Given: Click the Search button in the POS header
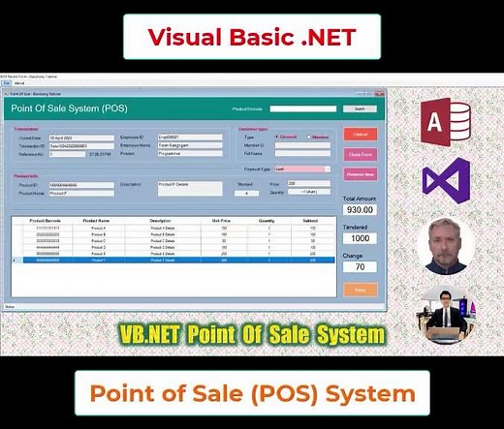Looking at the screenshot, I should tap(360, 108).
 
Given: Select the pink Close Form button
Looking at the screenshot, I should tap(360, 154).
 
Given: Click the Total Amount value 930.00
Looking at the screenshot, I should tap(360, 209).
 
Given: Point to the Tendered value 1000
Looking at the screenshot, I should tap(360, 237).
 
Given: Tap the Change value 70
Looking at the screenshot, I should tap(360, 266).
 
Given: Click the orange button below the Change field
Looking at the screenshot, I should tap(360, 290).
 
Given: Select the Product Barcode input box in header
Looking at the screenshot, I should tap(302, 108).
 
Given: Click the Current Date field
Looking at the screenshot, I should tap(68, 138).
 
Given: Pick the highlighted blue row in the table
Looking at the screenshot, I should tap(174, 260).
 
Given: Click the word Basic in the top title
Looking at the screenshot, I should tap(250, 37).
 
